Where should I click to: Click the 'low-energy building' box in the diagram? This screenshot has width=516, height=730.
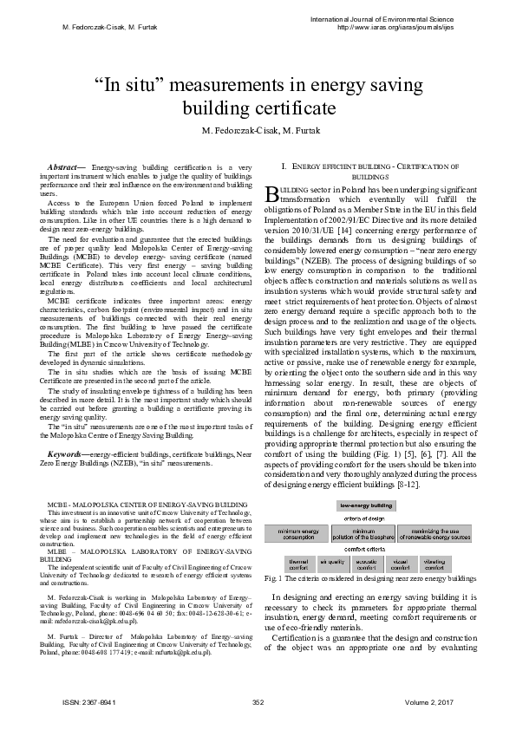tap(369, 504)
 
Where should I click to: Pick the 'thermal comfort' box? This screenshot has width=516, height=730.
tap(297, 564)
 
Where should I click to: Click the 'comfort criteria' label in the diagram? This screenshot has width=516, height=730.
tap(368, 549)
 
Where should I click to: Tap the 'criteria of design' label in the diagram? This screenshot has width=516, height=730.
tap(369, 518)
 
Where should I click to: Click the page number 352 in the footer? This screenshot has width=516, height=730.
tap(258, 701)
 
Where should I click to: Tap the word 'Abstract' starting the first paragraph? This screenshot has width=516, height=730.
tap(62, 165)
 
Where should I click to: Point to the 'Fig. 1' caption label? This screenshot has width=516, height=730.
tap(279, 577)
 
